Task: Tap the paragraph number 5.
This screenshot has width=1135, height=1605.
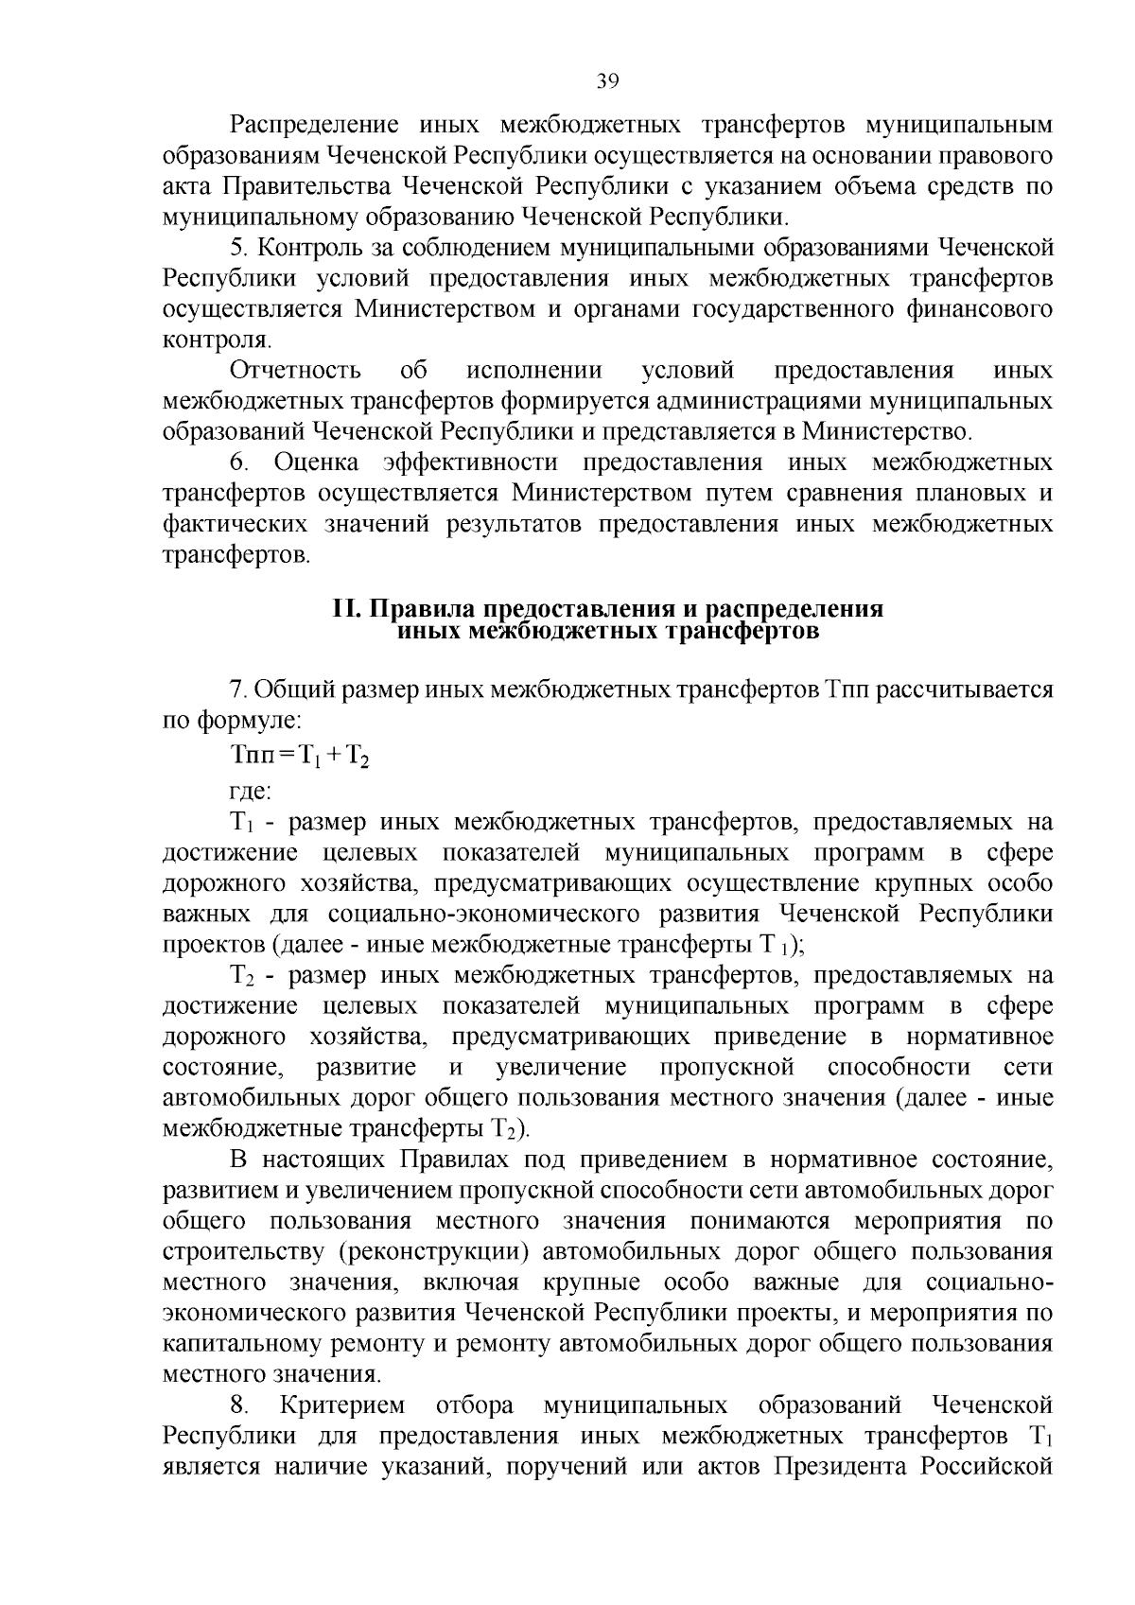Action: tap(237, 248)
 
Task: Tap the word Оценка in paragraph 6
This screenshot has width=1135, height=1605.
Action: tap(316, 462)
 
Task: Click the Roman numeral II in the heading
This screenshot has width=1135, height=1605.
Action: tap(343, 609)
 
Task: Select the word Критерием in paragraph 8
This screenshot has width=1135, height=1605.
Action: tap(342, 1404)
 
